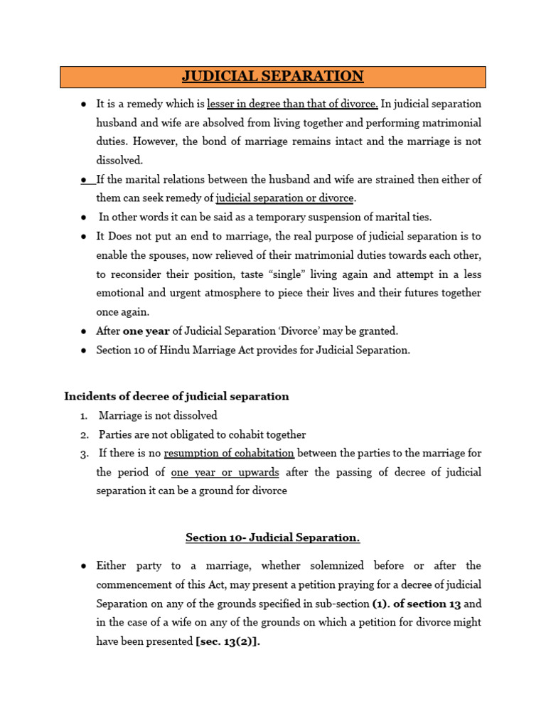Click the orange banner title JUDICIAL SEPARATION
click(272, 76)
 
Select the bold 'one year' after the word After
click(144, 331)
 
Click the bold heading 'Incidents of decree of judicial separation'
click(176, 396)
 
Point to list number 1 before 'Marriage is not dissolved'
click(83, 415)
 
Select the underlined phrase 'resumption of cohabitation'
click(228, 453)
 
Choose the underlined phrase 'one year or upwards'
click(225, 472)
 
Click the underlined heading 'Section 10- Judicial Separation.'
click(272, 537)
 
